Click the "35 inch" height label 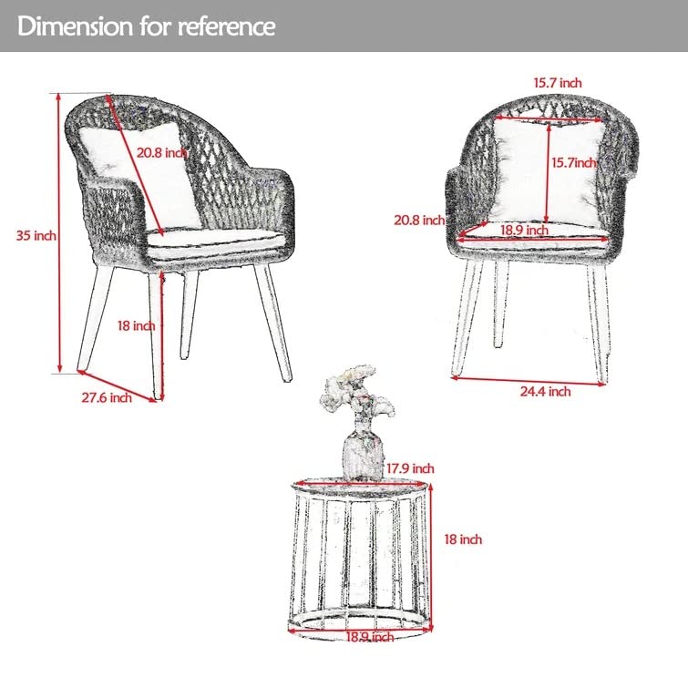tap(36, 236)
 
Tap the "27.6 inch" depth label tap(107, 397)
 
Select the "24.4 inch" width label tap(546, 391)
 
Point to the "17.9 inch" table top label tap(410, 468)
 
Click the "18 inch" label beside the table tap(463, 539)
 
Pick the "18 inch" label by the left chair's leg tap(136, 325)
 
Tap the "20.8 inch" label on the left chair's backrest tap(162, 153)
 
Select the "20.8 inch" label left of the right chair tap(419, 220)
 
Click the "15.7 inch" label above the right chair tap(558, 83)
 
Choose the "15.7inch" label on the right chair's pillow tap(574, 163)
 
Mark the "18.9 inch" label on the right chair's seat tap(524, 230)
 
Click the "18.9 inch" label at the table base tap(370, 637)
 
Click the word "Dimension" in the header tap(76, 26)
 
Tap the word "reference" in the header tap(226, 26)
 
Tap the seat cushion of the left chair tap(215, 242)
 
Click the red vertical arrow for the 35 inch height tap(59, 233)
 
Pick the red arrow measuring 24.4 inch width tap(529, 381)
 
